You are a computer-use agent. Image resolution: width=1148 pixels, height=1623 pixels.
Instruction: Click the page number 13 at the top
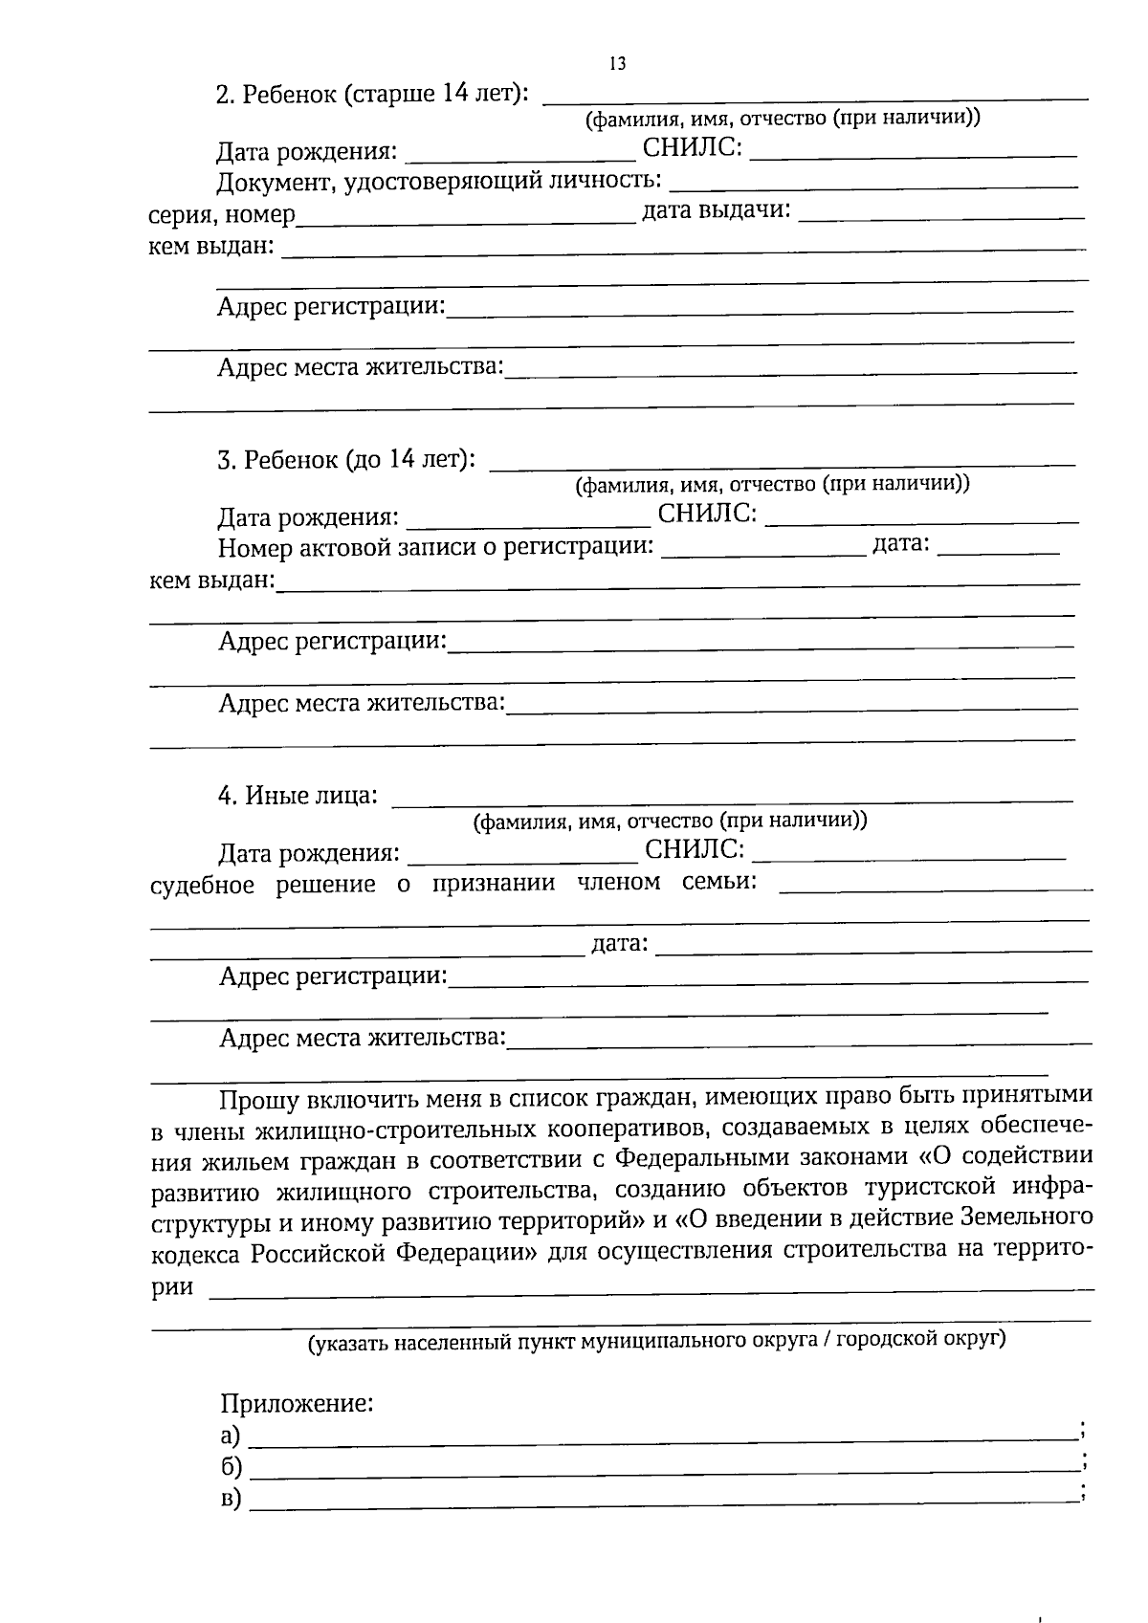[616, 63]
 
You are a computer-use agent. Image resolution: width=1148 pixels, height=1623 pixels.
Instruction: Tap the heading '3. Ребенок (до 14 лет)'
[346, 460]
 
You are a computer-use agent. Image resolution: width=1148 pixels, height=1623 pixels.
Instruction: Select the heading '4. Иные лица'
[298, 796]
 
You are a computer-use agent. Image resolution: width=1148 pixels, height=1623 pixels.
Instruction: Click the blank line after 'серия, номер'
[466, 220]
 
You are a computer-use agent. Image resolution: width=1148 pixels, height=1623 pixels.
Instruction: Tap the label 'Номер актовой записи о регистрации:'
[436, 547]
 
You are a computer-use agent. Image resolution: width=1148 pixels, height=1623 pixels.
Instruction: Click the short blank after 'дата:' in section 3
[999, 550]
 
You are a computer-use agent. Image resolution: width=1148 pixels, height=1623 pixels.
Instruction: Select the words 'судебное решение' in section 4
[263, 885]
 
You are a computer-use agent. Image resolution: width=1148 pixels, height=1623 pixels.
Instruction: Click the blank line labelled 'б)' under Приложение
[660, 1468]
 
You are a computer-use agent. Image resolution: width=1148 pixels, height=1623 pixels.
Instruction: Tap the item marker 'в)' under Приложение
[231, 1499]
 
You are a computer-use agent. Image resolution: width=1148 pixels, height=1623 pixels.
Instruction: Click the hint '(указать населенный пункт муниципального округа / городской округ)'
[656, 1340]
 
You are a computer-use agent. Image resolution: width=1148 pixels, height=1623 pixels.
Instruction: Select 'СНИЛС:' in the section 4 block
[695, 849]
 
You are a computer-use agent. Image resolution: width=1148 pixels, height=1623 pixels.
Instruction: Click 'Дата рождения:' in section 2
[306, 152]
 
